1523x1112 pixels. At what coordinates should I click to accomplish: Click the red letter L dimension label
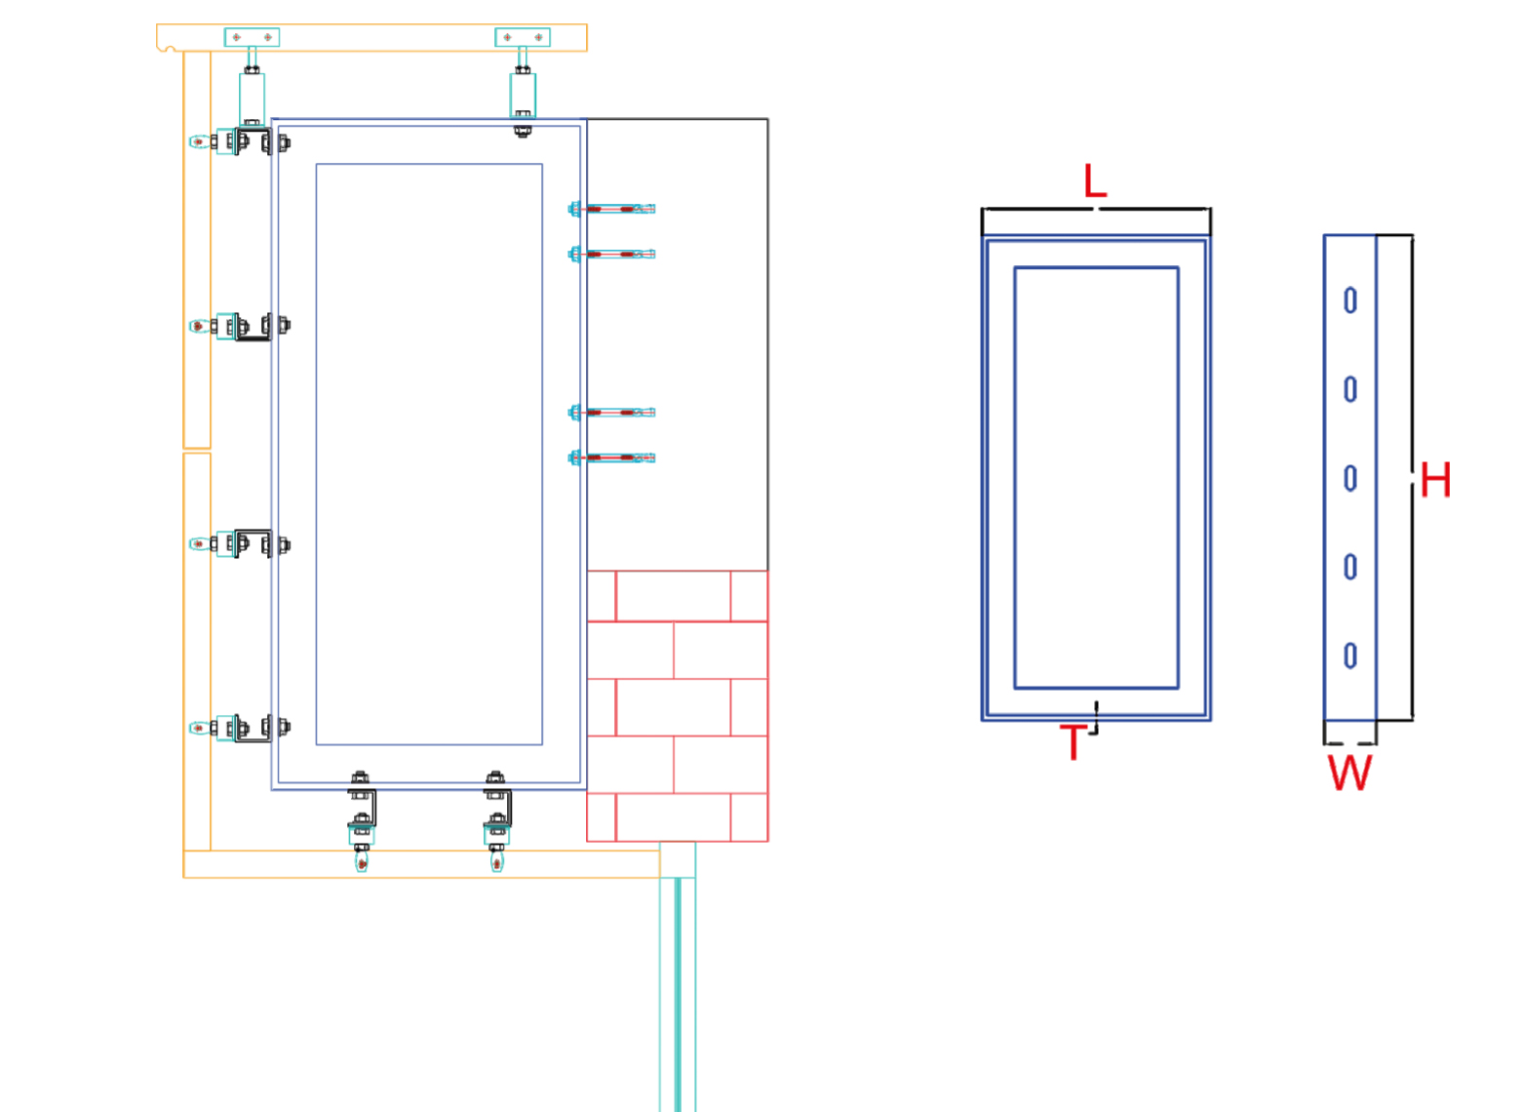[1095, 181]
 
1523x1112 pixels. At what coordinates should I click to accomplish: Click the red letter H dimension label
[1435, 480]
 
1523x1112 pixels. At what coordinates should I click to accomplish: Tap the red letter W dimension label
[1350, 773]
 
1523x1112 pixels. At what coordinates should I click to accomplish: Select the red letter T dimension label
[1073, 741]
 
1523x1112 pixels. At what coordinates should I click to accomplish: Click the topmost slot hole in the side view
[1350, 300]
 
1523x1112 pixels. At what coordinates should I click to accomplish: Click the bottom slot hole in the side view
[1350, 655]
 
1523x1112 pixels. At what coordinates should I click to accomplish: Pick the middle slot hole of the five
[1350, 478]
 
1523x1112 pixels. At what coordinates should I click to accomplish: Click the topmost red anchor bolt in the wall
[612, 209]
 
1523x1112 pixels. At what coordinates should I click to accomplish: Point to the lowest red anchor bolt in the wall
[612, 457]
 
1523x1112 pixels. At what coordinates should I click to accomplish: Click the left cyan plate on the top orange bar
[252, 37]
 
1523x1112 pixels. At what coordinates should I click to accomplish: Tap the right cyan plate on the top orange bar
[523, 37]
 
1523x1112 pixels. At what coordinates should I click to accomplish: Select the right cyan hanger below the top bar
[523, 96]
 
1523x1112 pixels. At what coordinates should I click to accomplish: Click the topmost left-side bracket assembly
[240, 141]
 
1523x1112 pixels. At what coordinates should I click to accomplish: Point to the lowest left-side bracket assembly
[240, 728]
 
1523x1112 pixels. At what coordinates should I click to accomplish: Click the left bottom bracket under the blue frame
[362, 819]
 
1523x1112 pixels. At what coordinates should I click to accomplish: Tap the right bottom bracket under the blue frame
[497, 819]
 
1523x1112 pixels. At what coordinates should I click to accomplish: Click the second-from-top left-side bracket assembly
[240, 326]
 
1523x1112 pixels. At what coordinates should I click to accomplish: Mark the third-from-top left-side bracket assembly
[240, 543]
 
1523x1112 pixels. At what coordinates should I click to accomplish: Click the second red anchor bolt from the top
[612, 255]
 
